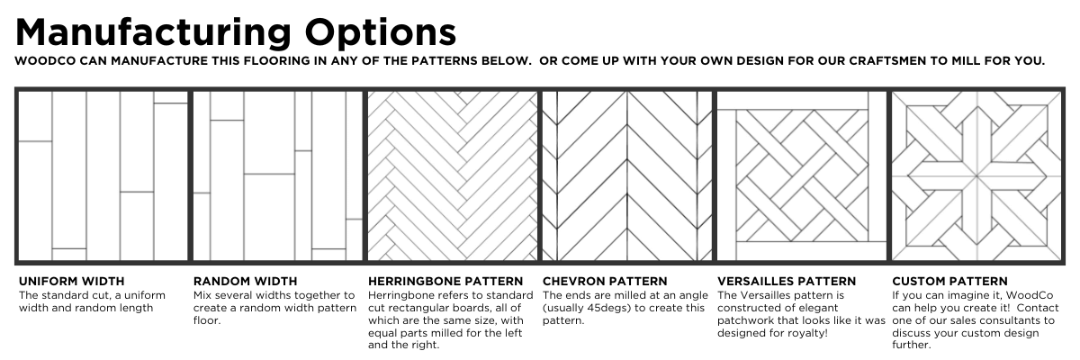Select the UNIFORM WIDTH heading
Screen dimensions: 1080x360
tap(71, 281)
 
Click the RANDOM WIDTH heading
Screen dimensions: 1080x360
tap(246, 281)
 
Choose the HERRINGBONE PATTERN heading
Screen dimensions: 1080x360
tap(445, 281)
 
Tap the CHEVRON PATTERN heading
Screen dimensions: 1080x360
tap(605, 281)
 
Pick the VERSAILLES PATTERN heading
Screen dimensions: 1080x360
tap(787, 281)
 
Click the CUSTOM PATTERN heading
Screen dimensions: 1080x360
tap(949, 281)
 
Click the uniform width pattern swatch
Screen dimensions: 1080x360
tap(103, 175)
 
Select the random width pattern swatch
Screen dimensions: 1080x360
tap(278, 175)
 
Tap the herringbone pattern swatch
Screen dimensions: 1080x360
tap(452, 175)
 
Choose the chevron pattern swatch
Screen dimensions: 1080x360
tap(626, 175)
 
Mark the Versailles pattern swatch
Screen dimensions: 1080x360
tap(802, 175)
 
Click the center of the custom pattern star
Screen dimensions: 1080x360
tap(976, 175)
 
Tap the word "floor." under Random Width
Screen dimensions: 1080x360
tap(207, 320)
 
